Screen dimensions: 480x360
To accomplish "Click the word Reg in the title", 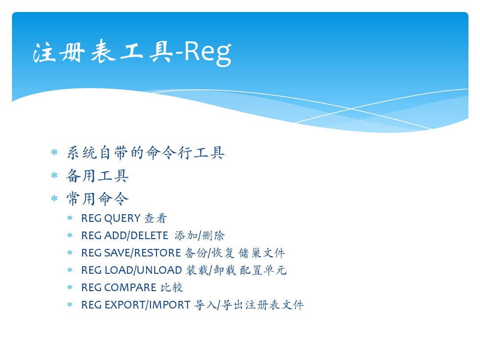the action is point(208,52).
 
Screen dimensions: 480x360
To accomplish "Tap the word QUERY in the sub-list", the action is point(123,218).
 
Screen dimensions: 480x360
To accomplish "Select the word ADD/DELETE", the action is point(136,236).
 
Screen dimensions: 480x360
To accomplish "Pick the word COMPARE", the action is point(130,288).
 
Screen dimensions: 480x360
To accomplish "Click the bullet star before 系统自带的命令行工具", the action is point(55,152).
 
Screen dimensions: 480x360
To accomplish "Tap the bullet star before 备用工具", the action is point(55,176).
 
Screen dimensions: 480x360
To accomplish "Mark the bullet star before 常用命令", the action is point(55,198).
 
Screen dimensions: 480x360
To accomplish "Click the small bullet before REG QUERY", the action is point(70,218).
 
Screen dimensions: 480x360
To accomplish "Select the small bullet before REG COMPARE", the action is point(70,288).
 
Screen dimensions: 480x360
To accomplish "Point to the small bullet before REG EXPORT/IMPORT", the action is point(70,305).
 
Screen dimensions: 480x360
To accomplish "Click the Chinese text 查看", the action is point(156,218).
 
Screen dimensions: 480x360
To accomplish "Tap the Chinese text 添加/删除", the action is point(200,236).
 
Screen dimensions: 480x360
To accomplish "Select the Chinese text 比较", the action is point(172,288).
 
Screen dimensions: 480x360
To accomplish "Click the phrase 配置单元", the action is point(263,270).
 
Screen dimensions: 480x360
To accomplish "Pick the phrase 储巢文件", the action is point(262,253).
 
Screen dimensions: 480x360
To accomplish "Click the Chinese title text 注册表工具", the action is point(103,52).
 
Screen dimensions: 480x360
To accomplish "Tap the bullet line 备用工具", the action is point(97,176).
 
